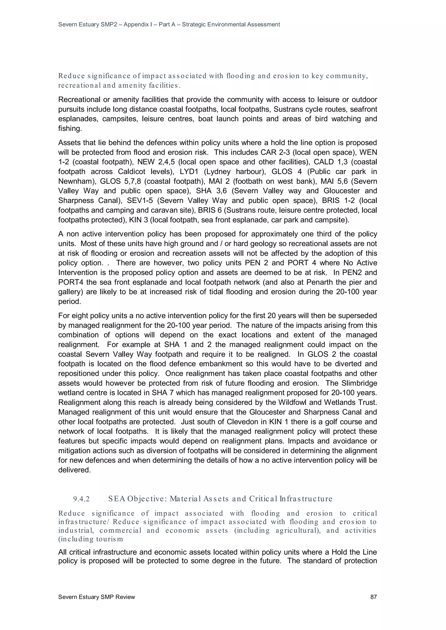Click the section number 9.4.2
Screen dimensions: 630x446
[x=81, y=499]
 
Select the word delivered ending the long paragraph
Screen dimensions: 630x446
[x=74, y=470]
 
